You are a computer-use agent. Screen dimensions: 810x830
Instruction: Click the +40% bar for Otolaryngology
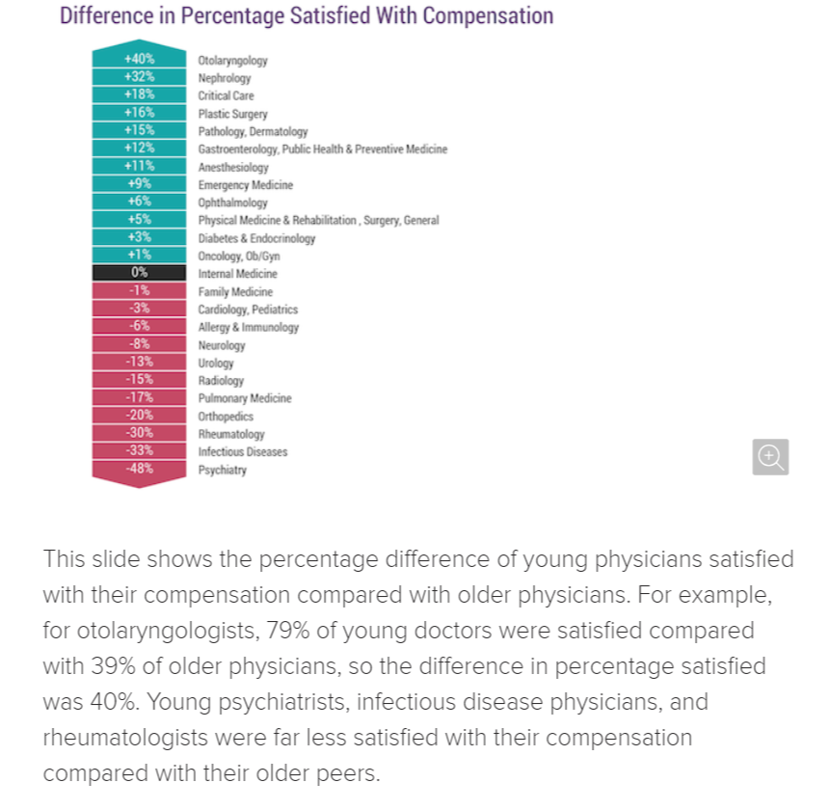click(138, 59)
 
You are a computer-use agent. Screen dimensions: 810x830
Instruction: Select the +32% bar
click(138, 77)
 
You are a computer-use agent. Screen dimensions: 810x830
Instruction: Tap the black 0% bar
click(138, 273)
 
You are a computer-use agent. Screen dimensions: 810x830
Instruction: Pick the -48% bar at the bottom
click(138, 470)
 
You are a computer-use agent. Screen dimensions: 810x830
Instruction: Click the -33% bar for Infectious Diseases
click(138, 451)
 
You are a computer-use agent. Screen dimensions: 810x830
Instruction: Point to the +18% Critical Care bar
click(138, 94)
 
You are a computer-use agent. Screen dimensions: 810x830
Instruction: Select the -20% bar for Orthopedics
click(138, 416)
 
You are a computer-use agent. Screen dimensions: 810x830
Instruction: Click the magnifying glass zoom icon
click(770, 457)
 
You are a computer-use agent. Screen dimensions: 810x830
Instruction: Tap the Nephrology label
click(224, 78)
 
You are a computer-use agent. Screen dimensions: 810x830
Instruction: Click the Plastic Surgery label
click(232, 114)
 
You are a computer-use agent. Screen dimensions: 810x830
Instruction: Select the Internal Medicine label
click(237, 274)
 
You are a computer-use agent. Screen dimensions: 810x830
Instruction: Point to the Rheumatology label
click(231, 434)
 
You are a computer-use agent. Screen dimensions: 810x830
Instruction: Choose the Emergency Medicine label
click(245, 185)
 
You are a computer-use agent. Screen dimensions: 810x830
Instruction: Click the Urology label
click(216, 364)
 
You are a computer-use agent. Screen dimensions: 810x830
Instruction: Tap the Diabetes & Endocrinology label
click(256, 238)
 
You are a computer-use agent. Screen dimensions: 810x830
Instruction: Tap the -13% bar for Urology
click(138, 362)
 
